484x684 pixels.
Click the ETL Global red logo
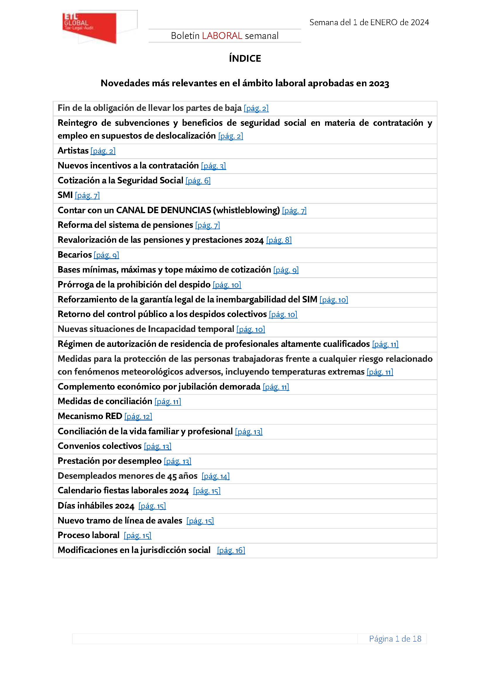90,27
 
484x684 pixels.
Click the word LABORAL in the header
222,36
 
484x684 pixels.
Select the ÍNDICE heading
245,58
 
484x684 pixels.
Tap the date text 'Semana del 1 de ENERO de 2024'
369,22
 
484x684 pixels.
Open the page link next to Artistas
103,151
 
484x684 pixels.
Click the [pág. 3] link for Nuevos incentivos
213,166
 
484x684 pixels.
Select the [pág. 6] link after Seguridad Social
198,181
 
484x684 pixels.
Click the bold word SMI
65,195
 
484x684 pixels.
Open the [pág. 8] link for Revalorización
279,240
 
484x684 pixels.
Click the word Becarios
75,255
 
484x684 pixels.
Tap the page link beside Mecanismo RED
138,416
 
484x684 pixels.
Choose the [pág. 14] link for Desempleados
215,476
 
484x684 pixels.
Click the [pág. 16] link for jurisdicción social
231,550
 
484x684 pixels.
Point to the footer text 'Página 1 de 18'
395,639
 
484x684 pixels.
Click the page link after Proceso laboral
138,536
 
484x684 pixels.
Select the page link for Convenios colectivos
157,446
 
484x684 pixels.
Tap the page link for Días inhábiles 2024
152,506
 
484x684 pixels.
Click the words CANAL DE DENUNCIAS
163,210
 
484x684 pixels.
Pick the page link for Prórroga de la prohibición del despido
226,285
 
